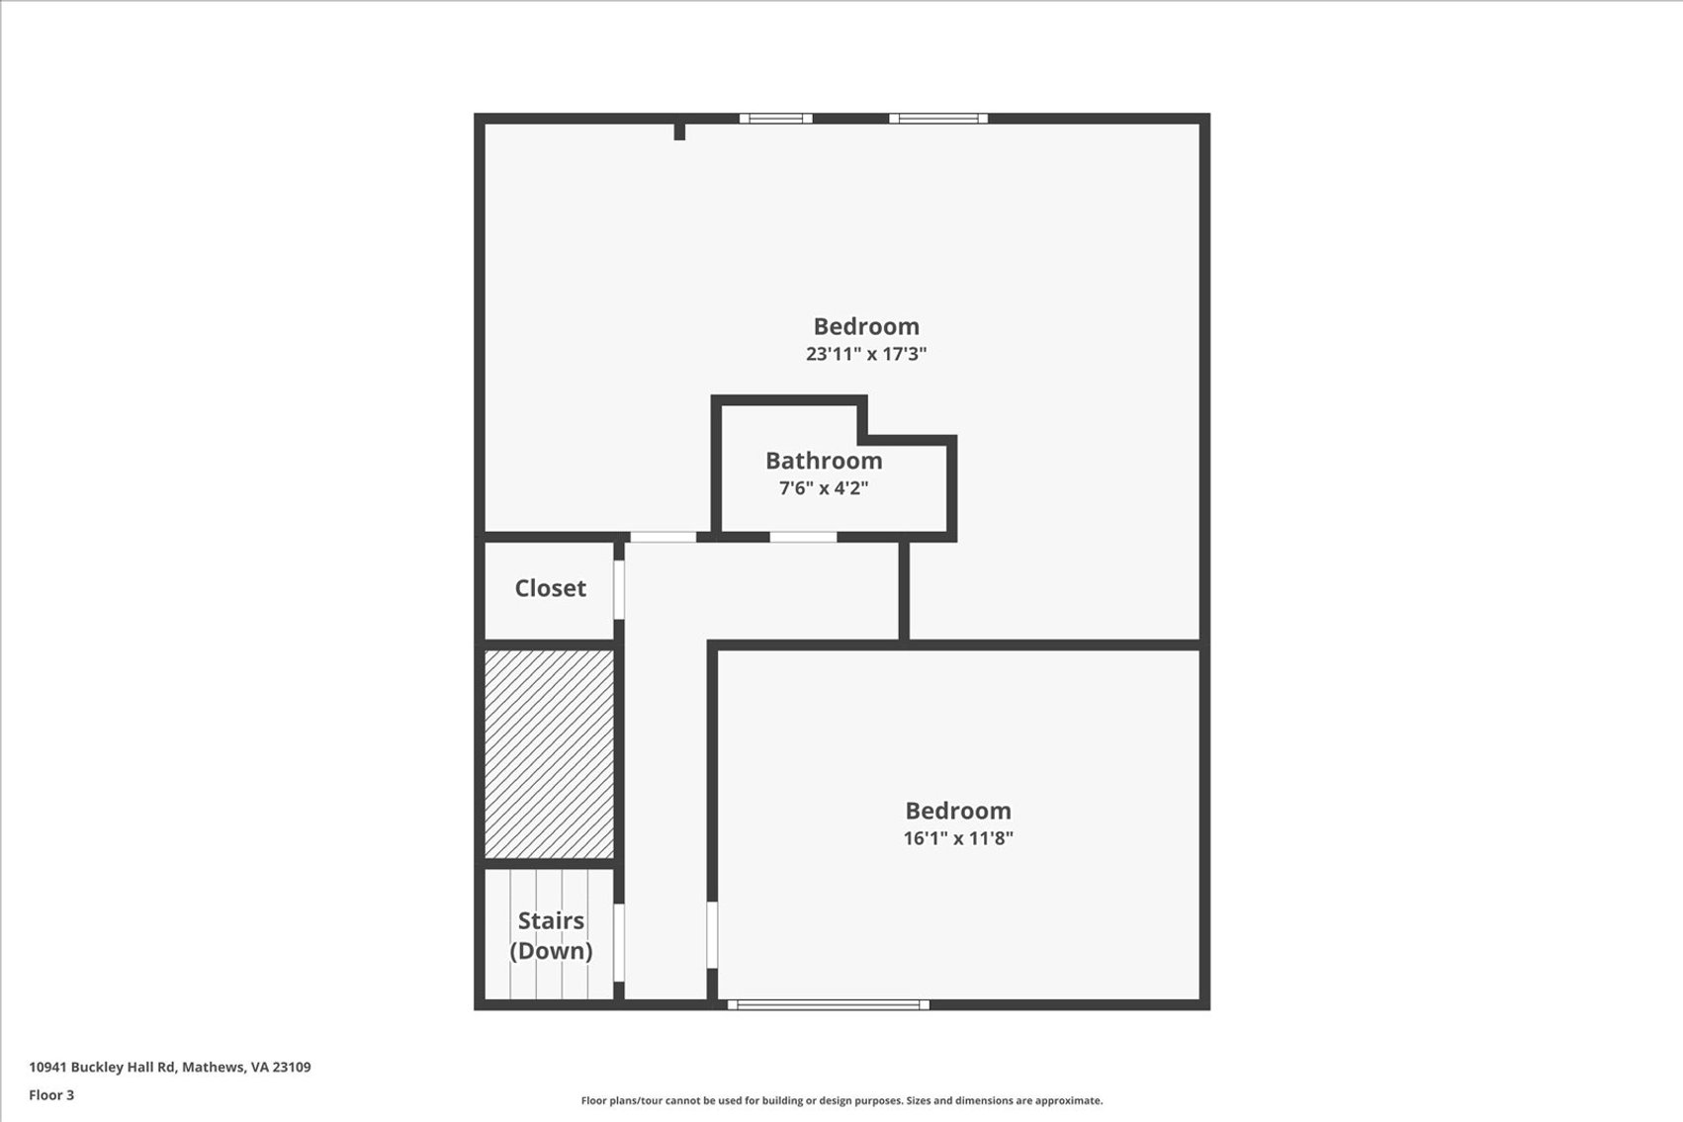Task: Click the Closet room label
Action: click(x=550, y=588)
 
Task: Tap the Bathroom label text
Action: click(x=824, y=461)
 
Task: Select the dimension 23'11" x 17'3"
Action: click(x=866, y=354)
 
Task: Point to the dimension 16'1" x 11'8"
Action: click(x=958, y=838)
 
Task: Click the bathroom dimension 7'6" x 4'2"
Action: click(x=824, y=488)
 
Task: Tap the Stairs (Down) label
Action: click(x=551, y=936)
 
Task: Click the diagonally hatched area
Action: click(x=549, y=754)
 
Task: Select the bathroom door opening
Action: click(x=803, y=537)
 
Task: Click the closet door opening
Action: click(x=619, y=590)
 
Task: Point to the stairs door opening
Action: click(x=619, y=942)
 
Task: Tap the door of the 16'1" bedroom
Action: click(x=712, y=935)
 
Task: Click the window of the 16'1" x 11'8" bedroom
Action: click(x=828, y=1004)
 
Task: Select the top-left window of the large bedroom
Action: click(x=776, y=119)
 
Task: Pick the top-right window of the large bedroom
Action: click(x=938, y=119)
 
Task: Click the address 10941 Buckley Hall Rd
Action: click(x=102, y=1067)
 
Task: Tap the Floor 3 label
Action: click(x=51, y=1095)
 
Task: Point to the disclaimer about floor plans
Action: click(x=841, y=1101)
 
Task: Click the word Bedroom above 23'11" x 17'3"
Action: click(x=866, y=326)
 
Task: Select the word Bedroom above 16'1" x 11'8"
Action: click(x=958, y=811)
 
